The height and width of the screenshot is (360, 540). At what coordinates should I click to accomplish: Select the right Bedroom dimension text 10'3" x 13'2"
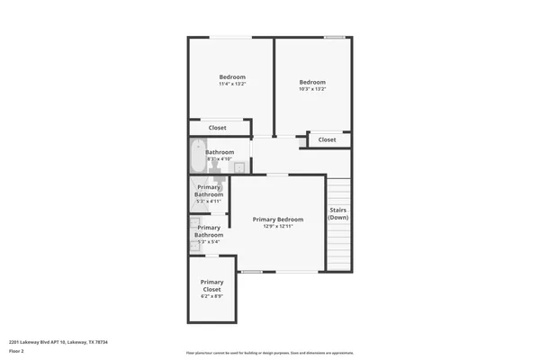(x=312, y=88)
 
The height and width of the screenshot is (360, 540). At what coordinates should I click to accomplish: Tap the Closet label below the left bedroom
(x=218, y=128)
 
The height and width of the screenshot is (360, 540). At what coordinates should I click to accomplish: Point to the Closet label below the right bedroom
(x=327, y=139)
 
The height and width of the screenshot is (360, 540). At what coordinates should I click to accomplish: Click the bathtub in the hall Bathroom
(x=197, y=157)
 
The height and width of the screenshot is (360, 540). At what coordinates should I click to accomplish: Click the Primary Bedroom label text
(x=277, y=220)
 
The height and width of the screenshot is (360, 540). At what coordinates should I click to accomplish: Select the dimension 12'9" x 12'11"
(x=277, y=227)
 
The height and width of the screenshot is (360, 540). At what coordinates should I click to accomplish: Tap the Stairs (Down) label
(x=337, y=214)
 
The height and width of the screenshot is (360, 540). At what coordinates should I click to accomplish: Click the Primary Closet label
(x=211, y=285)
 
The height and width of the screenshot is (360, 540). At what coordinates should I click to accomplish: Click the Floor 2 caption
(x=17, y=352)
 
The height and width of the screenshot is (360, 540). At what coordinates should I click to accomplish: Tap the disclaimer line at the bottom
(x=269, y=352)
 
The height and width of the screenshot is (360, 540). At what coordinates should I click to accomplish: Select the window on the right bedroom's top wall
(x=334, y=37)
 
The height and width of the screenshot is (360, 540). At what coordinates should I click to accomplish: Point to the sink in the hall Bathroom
(x=239, y=167)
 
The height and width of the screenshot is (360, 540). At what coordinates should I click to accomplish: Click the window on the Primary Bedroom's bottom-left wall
(x=252, y=272)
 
